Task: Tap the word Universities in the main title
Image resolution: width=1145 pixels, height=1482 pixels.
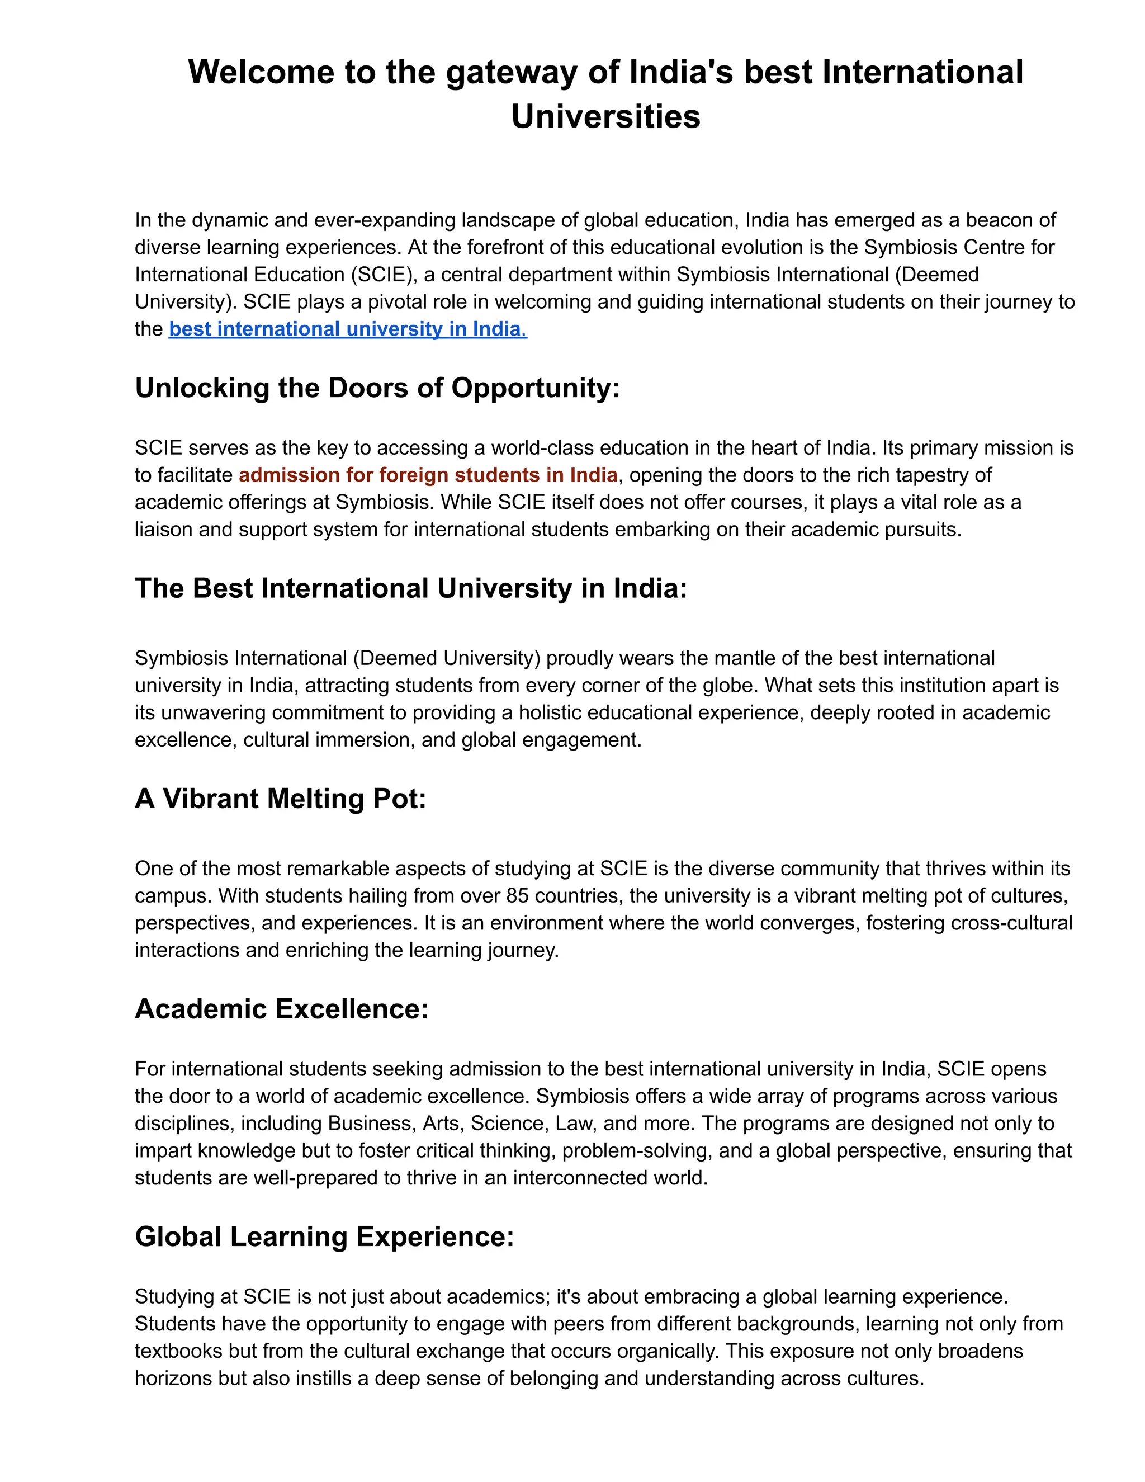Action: click(x=605, y=117)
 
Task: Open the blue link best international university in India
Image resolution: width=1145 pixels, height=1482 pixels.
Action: click(x=347, y=329)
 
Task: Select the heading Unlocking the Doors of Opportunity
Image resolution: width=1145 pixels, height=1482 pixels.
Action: click(x=377, y=388)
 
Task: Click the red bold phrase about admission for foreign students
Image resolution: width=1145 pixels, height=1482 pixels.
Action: click(x=428, y=475)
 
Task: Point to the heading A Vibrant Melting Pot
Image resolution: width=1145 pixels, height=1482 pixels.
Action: click(x=280, y=799)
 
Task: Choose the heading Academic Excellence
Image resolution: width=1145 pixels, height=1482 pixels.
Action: click(x=282, y=1009)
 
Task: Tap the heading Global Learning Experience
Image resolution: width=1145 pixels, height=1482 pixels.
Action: click(x=324, y=1236)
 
